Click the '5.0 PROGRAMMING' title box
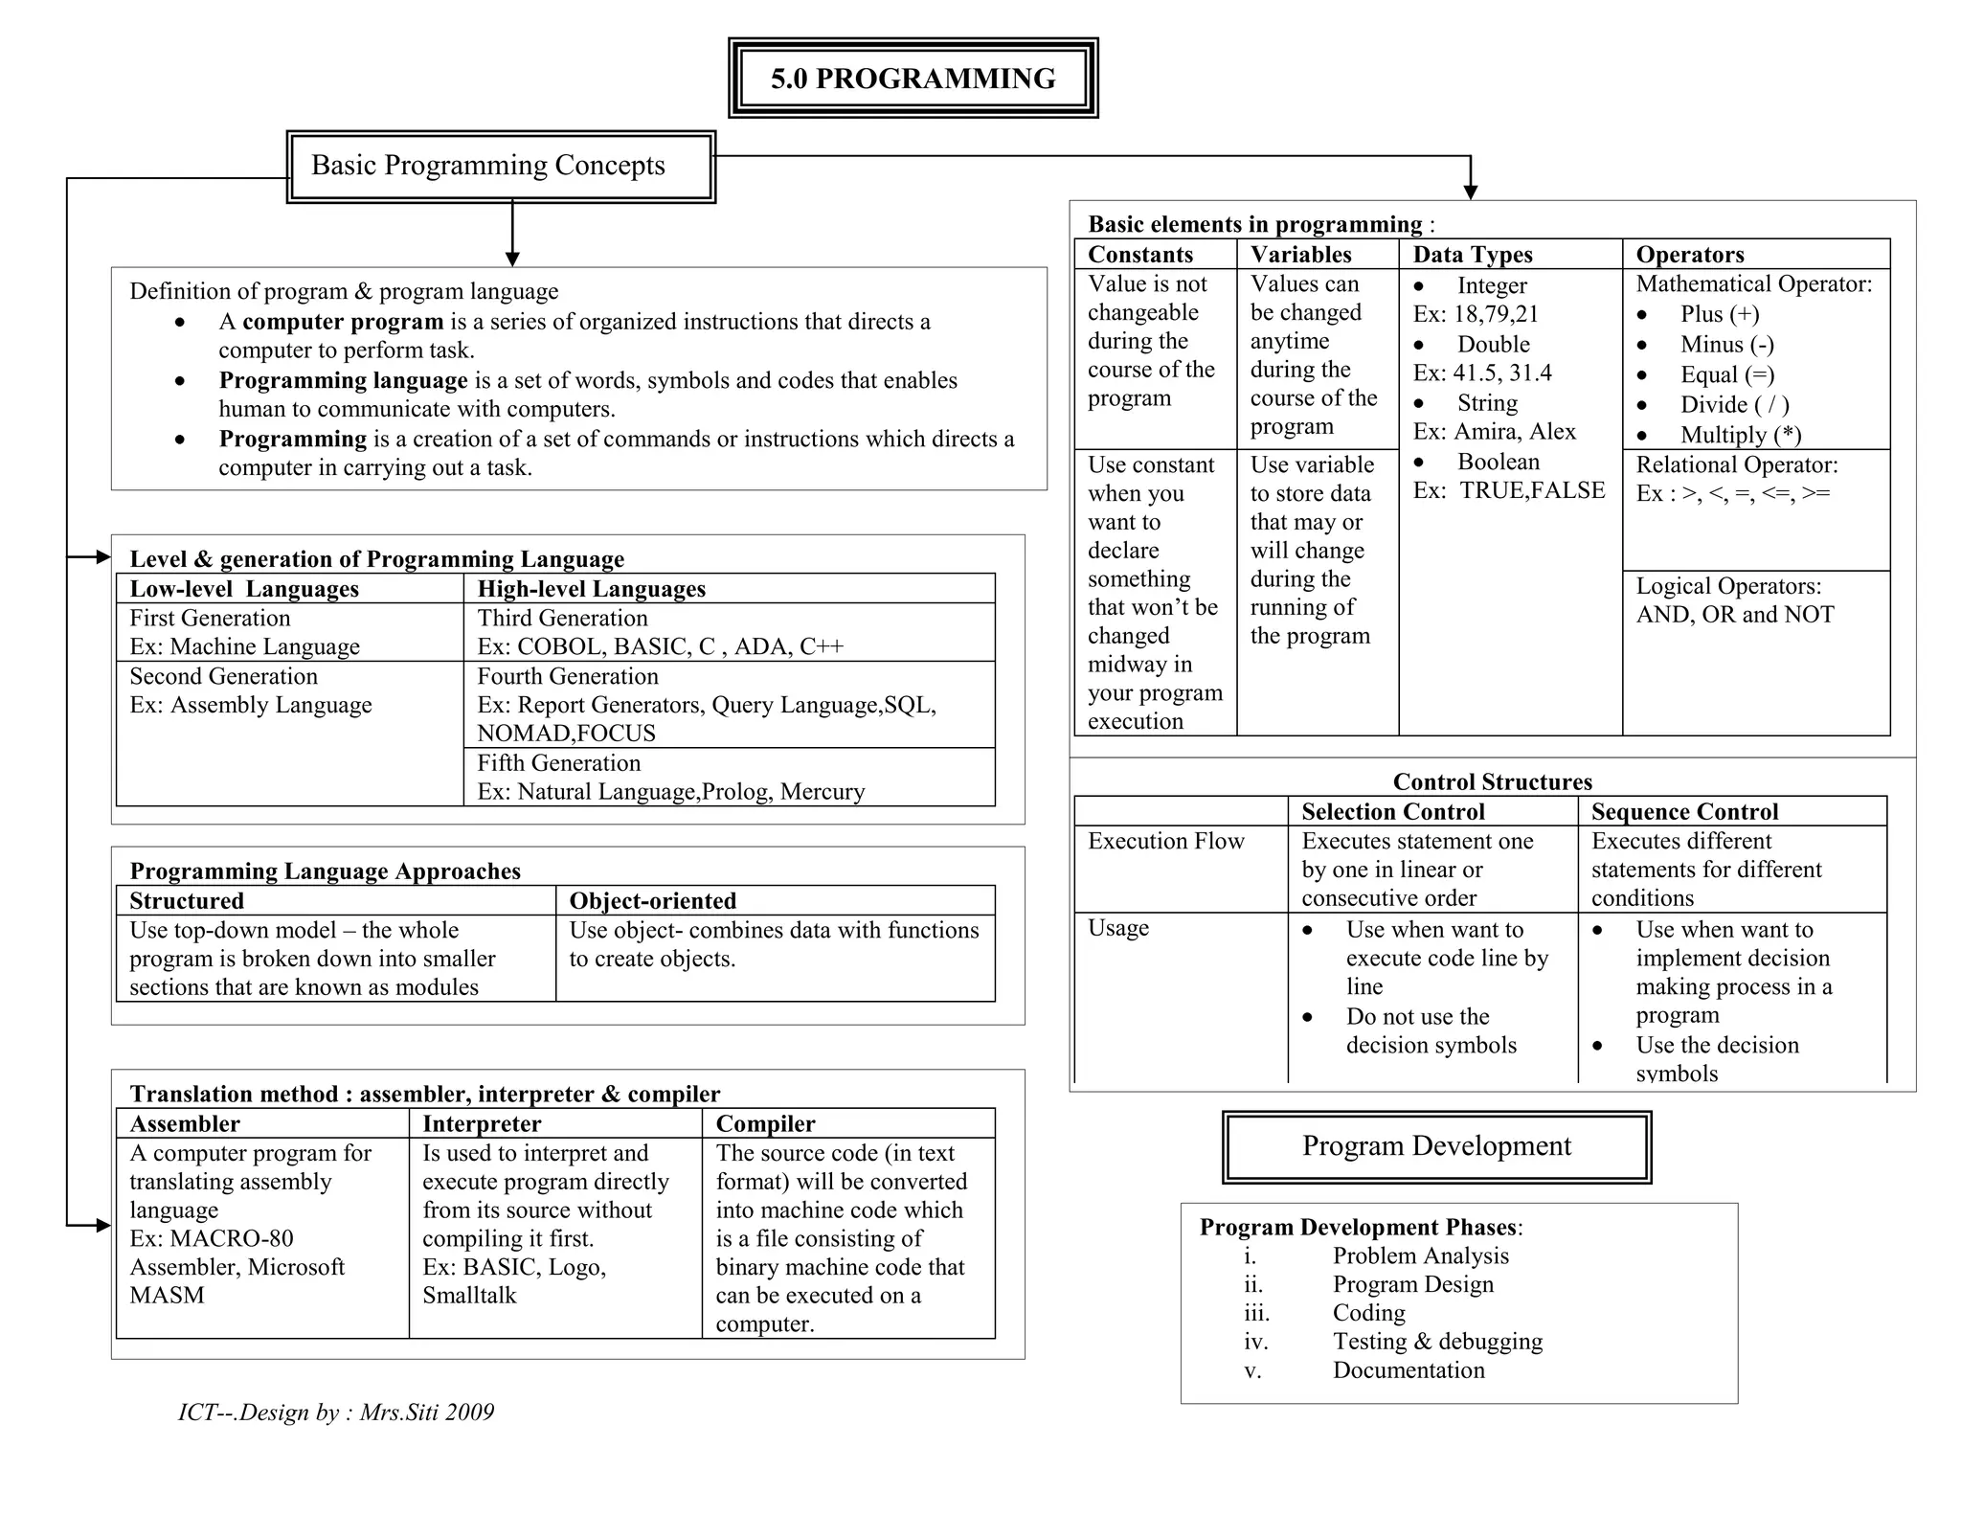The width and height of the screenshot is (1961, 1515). [x=913, y=79]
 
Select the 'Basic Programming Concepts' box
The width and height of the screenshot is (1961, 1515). [x=500, y=167]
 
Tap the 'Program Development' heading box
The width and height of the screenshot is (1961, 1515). [x=1436, y=1146]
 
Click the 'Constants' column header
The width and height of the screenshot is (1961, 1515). [x=1140, y=255]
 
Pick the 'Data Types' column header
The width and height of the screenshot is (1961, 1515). [x=1473, y=255]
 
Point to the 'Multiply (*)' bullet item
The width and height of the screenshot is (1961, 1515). [x=1740, y=435]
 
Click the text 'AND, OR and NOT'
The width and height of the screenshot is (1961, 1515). [x=1735, y=615]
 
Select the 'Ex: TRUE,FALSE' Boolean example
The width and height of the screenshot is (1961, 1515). [x=1509, y=490]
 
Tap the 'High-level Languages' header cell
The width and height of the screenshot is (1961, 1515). [x=592, y=589]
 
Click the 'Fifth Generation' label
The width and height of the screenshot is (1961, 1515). [x=559, y=763]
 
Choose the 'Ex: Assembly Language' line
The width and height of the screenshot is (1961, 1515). [x=251, y=706]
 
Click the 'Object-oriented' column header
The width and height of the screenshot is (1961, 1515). [x=653, y=901]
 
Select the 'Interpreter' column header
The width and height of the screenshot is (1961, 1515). [x=482, y=1124]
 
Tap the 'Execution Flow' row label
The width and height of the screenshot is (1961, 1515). [x=1165, y=842]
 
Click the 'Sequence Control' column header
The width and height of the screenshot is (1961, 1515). [x=1684, y=812]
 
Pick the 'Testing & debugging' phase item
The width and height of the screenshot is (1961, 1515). [x=1437, y=1342]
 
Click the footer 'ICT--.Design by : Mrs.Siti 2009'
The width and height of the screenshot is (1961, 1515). [x=336, y=1413]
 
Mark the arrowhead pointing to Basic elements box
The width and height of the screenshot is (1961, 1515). [x=1471, y=192]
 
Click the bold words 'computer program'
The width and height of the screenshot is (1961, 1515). [x=343, y=322]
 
